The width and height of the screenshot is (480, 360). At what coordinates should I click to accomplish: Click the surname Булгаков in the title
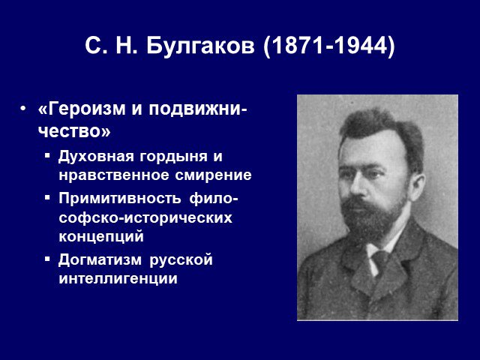click(x=200, y=46)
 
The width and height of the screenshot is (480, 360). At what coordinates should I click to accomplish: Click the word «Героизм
click(x=82, y=109)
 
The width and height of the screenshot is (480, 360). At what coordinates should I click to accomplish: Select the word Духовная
click(x=96, y=157)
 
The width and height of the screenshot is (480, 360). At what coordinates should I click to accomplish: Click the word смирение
click(x=214, y=175)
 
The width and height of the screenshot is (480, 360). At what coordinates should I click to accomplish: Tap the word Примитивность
click(x=120, y=198)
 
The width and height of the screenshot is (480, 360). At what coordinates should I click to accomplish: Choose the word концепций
click(x=101, y=237)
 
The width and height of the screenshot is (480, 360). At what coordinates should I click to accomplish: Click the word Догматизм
click(x=100, y=260)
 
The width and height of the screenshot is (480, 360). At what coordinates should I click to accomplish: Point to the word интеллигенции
click(x=118, y=279)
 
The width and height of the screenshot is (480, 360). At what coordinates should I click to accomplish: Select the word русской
click(x=181, y=260)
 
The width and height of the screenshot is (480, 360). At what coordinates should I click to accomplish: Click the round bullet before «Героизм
click(x=22, y=109)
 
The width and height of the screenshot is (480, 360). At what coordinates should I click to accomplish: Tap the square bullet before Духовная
click(x=46, y=155)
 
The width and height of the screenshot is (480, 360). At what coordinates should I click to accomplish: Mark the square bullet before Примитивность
click(x=46, y=197)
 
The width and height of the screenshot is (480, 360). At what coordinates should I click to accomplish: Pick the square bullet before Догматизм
click(x=46, y=259)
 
